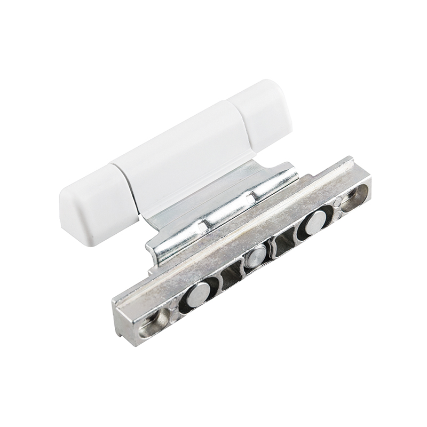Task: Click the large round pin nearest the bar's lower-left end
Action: pos(199,294)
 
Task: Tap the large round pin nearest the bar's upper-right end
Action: pos(315,221)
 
